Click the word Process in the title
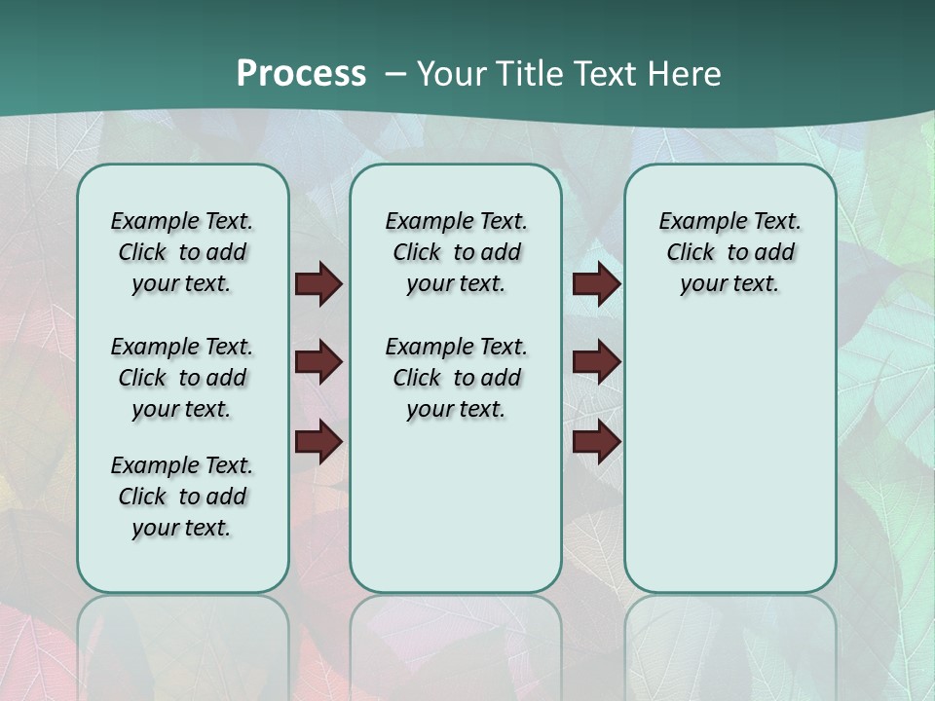point(301,74)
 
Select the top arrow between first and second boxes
point(318,284)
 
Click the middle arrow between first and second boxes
point(318,362)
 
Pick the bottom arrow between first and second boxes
point(318,442)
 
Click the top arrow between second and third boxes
point(596,284)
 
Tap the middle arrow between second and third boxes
point(596,362)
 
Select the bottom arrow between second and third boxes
point(596,442)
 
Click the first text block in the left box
point(182,252)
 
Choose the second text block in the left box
point(182,378)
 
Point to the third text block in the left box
point(182,497)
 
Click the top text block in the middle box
point(456,252)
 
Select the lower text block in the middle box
point(456,378)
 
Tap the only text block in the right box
point(729,252)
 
